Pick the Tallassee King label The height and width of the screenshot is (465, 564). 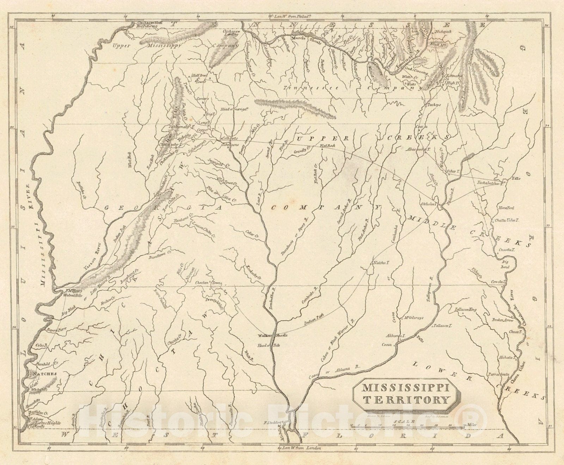coord(465,309)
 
